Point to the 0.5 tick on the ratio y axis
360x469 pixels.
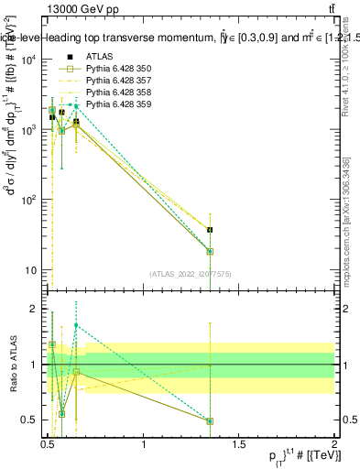pyautogui.click(x=33, y=420)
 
